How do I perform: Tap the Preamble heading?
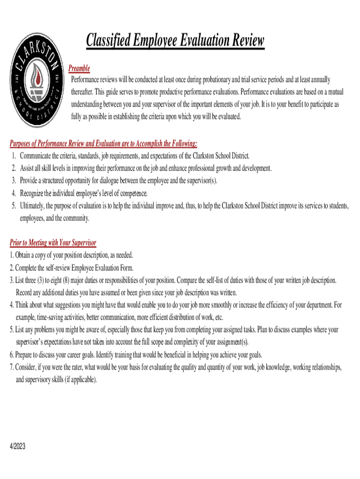79,69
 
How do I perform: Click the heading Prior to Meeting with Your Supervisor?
53,243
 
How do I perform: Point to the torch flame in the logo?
36,70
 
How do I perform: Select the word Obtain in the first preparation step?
23,255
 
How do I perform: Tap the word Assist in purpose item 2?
27,168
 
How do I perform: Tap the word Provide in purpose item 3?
29,181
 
